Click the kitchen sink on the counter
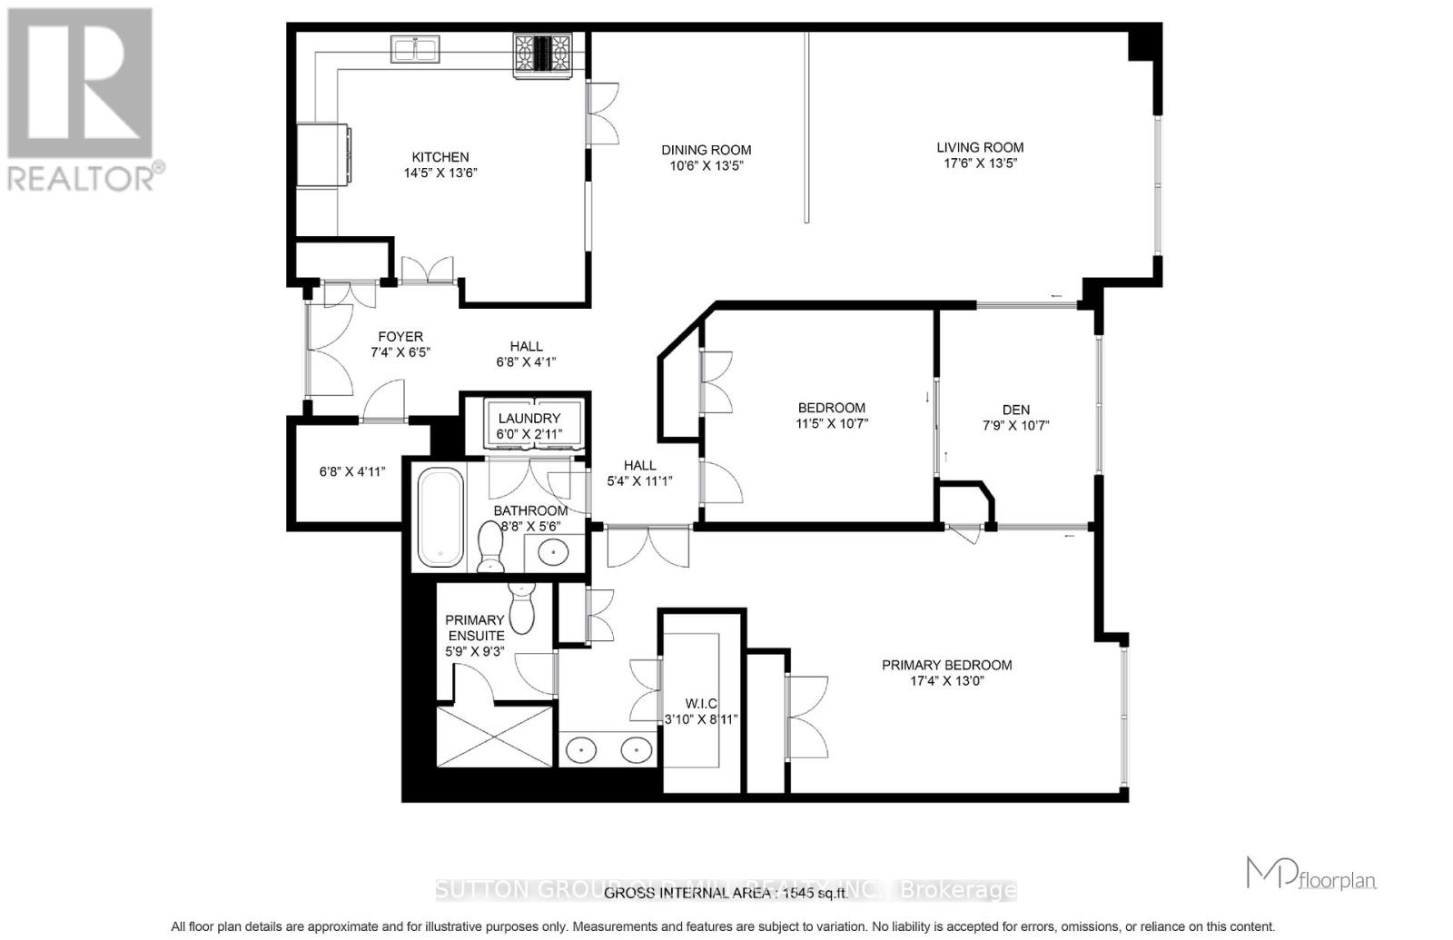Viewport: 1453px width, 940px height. [415, 49]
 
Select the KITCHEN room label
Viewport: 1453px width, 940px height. [440, 157]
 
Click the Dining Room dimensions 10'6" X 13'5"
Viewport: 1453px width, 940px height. [706, 166]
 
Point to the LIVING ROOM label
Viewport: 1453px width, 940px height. [980, 147]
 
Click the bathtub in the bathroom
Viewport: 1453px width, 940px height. [440, 516]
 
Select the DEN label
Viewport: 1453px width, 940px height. [1016, 410]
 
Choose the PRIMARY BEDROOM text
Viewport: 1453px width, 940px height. [946, 665]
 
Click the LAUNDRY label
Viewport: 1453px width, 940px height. [529, 419]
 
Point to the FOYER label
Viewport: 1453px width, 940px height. [400, 337]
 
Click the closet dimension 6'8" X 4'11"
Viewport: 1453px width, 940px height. [352, 472]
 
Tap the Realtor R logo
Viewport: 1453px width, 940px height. [80, 84]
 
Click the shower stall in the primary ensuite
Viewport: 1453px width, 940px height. [494, 737]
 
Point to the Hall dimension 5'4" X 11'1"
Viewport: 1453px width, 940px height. [639, 481]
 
